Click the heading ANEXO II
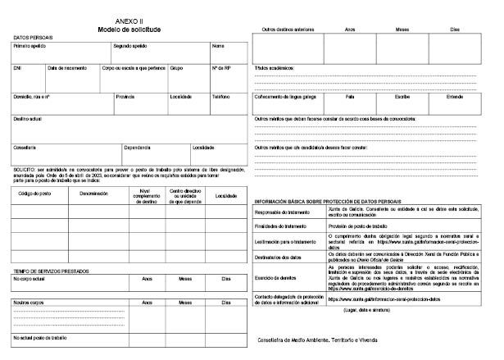tap(127, 22)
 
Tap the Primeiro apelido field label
tap(30, 47)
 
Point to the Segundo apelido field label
tap(129, 47)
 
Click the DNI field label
tap(17, 68)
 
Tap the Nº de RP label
tap(221, 68)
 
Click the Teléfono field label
tap(220, 97)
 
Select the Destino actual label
tap(29, 118)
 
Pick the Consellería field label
tap(25, 148)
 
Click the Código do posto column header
tap(34, 194)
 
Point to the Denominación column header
tap(93, 194)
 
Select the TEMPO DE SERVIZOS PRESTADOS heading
tap(52, 270)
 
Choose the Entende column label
tap(455, 97)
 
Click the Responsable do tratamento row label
tap(282, 212)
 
